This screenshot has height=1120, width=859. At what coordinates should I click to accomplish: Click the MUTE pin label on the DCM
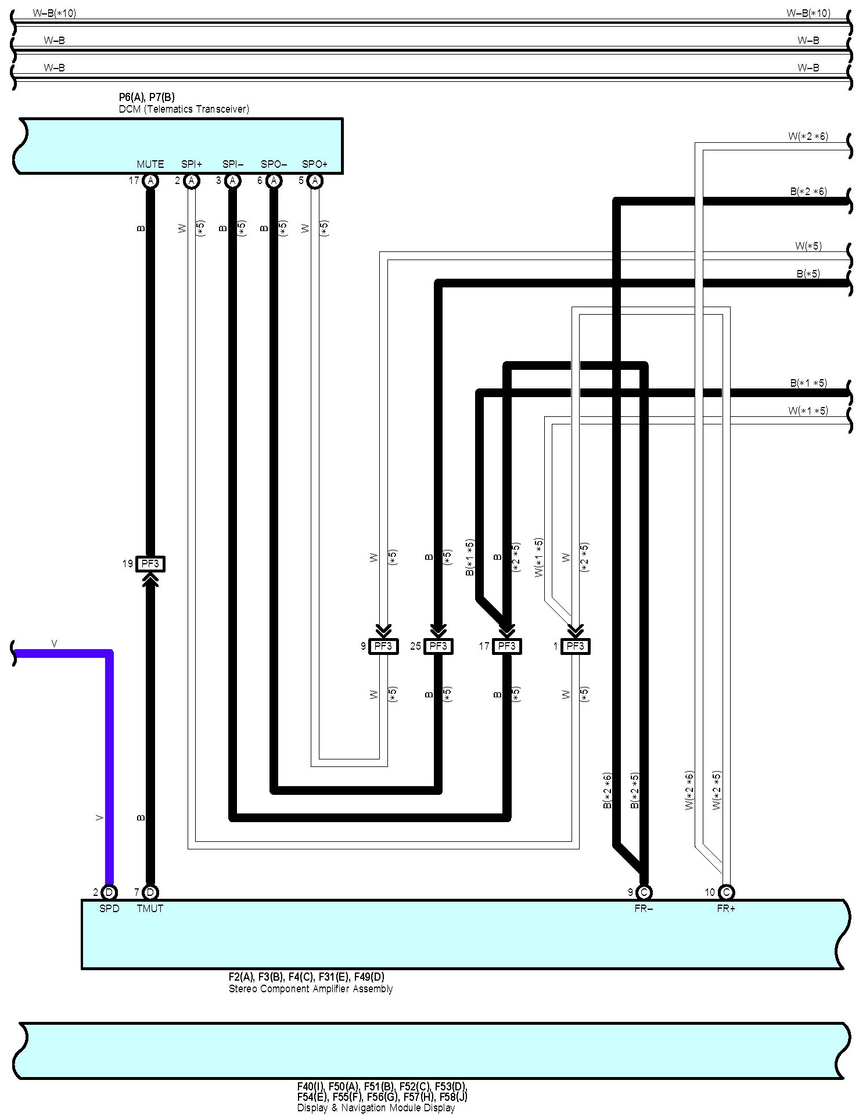pyautogui.click(x=150, y=164)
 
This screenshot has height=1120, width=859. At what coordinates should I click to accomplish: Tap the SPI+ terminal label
pyautogui.click(x=192, y=164)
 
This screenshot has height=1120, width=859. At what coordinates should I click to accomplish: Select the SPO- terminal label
pyautogui.click(x=274, y=164)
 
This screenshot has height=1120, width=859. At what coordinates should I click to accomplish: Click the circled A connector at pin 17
pyautogui.click(x=150, y=181)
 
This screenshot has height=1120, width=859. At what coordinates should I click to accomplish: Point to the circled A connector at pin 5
pyautogui.click(x=315, y=181)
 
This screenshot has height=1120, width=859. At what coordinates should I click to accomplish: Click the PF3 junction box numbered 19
pyautogui.click(x=150, y=563)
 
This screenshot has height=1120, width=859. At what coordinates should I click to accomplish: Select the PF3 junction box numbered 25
pyautogui.click(x=438, y=646)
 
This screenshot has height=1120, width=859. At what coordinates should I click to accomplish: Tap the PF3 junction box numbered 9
pyautogui.click(x=383, y=646)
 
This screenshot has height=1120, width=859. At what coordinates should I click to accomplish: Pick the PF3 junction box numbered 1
pyautogui.click(x=575, y=646)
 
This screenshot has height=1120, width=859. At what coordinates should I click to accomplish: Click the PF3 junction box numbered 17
pyautogui.click(x=506, y=646)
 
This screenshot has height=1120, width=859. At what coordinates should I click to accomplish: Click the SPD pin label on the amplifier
pyautogui.click(x=109, y=909)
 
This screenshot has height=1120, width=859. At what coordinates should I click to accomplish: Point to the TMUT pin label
pyautogui.click(x=150, y=909)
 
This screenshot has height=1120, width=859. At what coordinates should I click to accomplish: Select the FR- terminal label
pyautogui.click(x=644, y=909)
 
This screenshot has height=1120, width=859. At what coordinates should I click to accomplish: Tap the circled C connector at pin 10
pyautogui.click(x=726, y=892)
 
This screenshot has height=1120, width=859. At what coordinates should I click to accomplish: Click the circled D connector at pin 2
pyautogui.click(x=109, y=892)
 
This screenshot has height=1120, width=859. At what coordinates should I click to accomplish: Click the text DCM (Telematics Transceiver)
pyautogui.click(x=184, y=109)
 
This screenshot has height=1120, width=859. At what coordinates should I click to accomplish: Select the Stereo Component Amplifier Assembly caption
pyautogui.click(x=311, y=989)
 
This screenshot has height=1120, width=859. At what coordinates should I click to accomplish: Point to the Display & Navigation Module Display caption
pyautogui.click(x=376, y=1108)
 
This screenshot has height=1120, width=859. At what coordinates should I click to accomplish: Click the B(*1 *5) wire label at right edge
pyautogui.click(x=808, y=383)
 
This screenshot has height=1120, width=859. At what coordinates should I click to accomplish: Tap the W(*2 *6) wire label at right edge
pyautogui.click(x=808, y=136)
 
